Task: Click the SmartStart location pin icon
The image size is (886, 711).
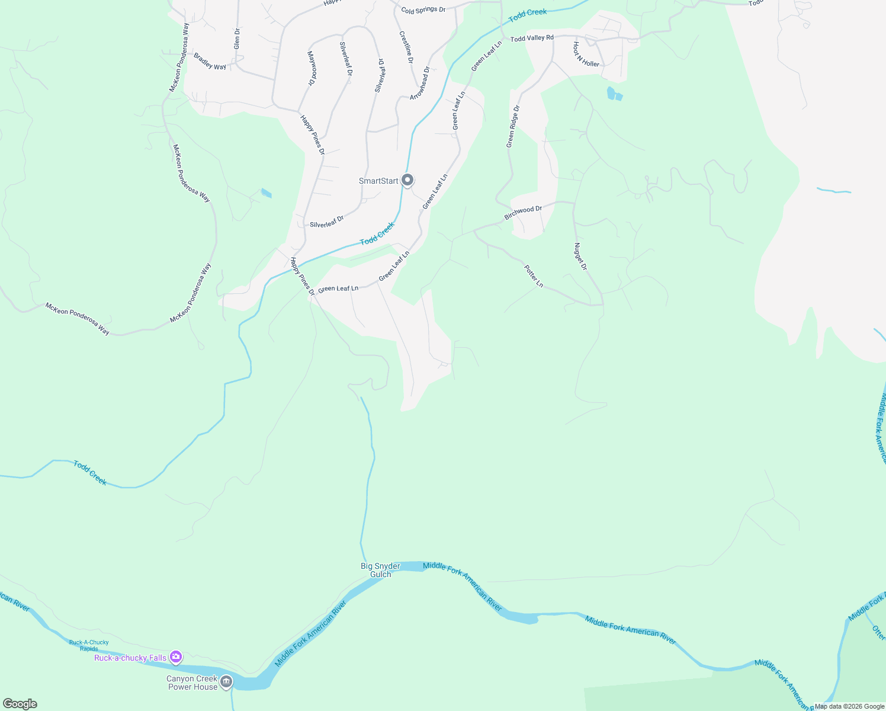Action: [407, 180]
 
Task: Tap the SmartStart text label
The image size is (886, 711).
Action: [378, 181]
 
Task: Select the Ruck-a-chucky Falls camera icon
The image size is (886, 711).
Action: [176, 656]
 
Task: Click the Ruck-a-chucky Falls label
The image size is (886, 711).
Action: [130, 658]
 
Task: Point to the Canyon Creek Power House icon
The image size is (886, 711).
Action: [226, 683]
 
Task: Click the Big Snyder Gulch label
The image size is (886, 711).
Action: [380, 570]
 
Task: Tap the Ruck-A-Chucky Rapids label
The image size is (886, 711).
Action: [89, 645]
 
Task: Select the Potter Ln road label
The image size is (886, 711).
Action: [533, 276]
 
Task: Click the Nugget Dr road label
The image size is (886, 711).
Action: [580, 257]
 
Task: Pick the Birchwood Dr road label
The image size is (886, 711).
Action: [523, 213]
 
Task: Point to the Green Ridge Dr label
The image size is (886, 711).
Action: [513, 126]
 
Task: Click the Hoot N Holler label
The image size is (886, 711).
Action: [586, 55]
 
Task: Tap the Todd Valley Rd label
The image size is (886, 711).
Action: [532, 39]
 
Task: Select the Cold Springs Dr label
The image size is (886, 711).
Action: [423, 10]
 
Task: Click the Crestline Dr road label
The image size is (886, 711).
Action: [406, 47]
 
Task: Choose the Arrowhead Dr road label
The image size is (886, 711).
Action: [419, 83]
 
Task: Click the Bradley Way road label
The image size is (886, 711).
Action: [210, 62]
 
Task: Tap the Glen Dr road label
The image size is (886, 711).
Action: [237, 39]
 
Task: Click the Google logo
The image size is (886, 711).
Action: [20, 703]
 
